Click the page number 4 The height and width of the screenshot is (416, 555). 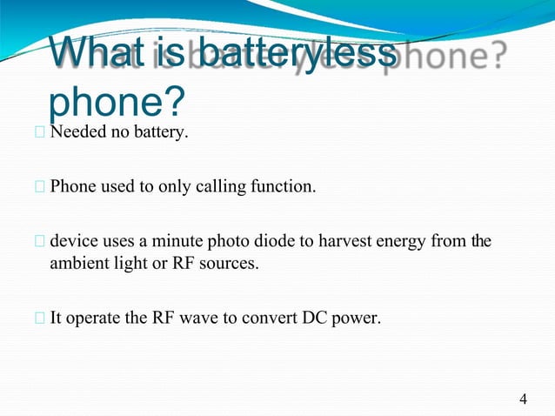(x=523, y=399)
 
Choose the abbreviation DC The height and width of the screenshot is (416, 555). (x=314, y=317)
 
